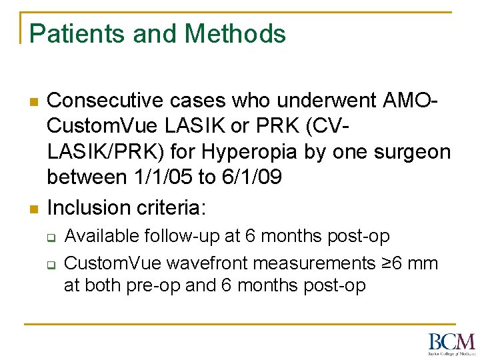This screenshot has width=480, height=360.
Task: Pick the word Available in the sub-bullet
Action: (x=103, y=236)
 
